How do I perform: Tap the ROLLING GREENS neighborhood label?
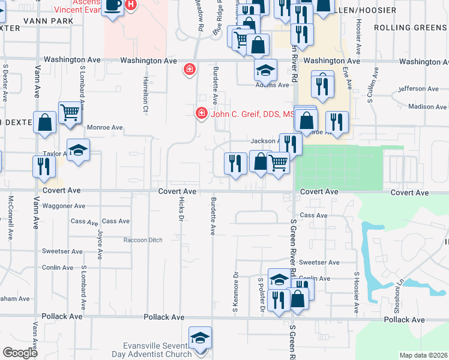click(411, 28)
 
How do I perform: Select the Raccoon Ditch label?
click(143, 240)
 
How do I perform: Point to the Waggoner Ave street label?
click(63, 206)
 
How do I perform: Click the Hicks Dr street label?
click(180, 211)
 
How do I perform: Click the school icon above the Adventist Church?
click(200, 337)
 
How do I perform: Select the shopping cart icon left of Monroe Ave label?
click(70, 112)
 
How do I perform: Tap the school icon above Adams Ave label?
click(265, 70)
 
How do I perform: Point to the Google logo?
click(20, 353)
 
